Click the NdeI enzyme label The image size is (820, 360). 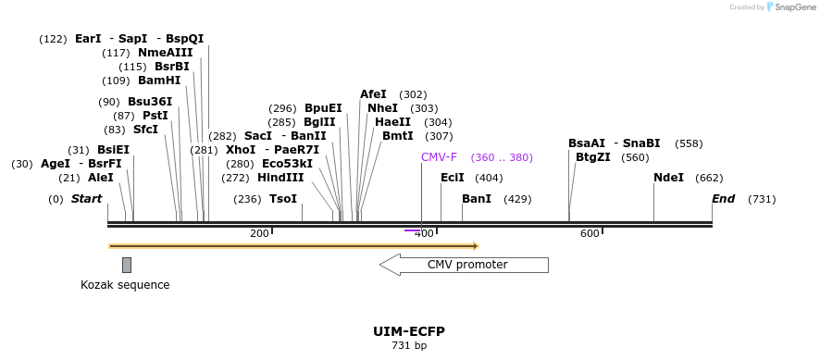click(x=668, y=178)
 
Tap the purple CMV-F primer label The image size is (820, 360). click(x=439, y=157)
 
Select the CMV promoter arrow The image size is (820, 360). click(x=464, y=265)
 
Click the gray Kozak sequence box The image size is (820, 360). click(x=127, y=265)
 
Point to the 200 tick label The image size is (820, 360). click(x=259, y=233)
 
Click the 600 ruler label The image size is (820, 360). click(x=590, y=233)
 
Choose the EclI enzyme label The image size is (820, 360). click(x=452, y=178)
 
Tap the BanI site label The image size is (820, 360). click(x=476, y=199)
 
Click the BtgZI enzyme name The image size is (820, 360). click(x=593, y=157)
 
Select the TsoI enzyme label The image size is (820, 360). click(x=283, y=199)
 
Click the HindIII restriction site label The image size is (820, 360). click(x=280, y=178)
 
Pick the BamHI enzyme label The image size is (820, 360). click(x=159, y=81)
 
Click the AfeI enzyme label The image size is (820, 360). click(x=373, y=94)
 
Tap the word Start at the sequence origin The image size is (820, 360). click(x=86, y=199)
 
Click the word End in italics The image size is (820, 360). click(x=723, y=199)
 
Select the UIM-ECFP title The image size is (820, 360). click(x=409, y=331)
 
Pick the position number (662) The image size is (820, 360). click(x=709, y=178)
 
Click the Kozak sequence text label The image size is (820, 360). click(x=125, y=285)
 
